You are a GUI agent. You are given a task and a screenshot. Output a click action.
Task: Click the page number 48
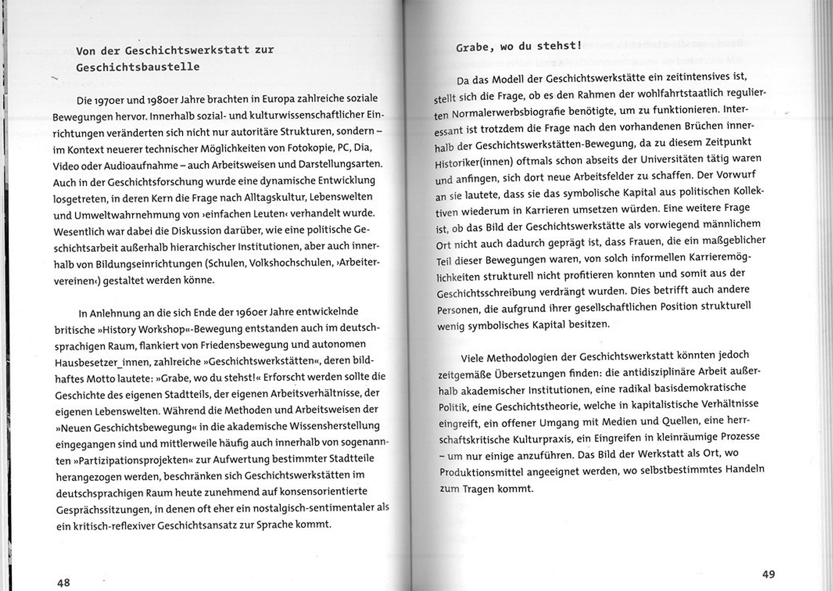pyautogui.click(x=64, y=583)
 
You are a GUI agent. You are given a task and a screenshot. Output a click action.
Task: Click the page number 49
pyautogui.click(x=768, y=574)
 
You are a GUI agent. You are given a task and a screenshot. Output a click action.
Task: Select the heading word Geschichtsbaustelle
pyautogui.click(x=137, y=67)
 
